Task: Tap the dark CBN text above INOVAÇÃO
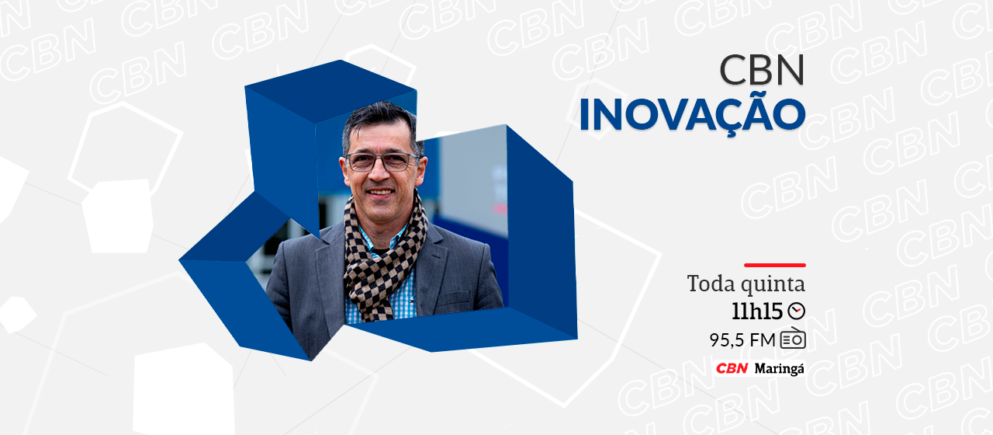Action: pyautogui.click(x=762, y=70)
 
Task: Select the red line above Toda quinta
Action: pyautogui.click(x=775, y=265)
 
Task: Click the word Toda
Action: pyautogui.click(x=708, y=284)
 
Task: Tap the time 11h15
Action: pyautogui.click(x=756, y=311)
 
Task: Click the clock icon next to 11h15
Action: pyautogui.click(x=796, y=311)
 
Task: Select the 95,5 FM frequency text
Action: pyautogui.click(x=742, y=340)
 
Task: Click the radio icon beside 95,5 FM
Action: pyautogui.click(x=793, y=339)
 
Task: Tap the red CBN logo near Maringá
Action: pyautogui.click(x=732, y=368)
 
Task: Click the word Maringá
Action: pyautogui.click(x=780, y=369)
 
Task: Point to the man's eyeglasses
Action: pyautogui.click(x=382, y=162)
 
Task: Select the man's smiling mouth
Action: pyautogui.click(x=380, y=193)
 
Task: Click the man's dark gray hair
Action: pyautogui.click(x=379, y=120)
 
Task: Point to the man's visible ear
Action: pyautogui.click(x=420, y=169)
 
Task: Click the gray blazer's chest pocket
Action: pyautogui.click(x=453, y=297)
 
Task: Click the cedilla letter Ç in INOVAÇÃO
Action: pyautogui.click(x=727, y=117)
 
